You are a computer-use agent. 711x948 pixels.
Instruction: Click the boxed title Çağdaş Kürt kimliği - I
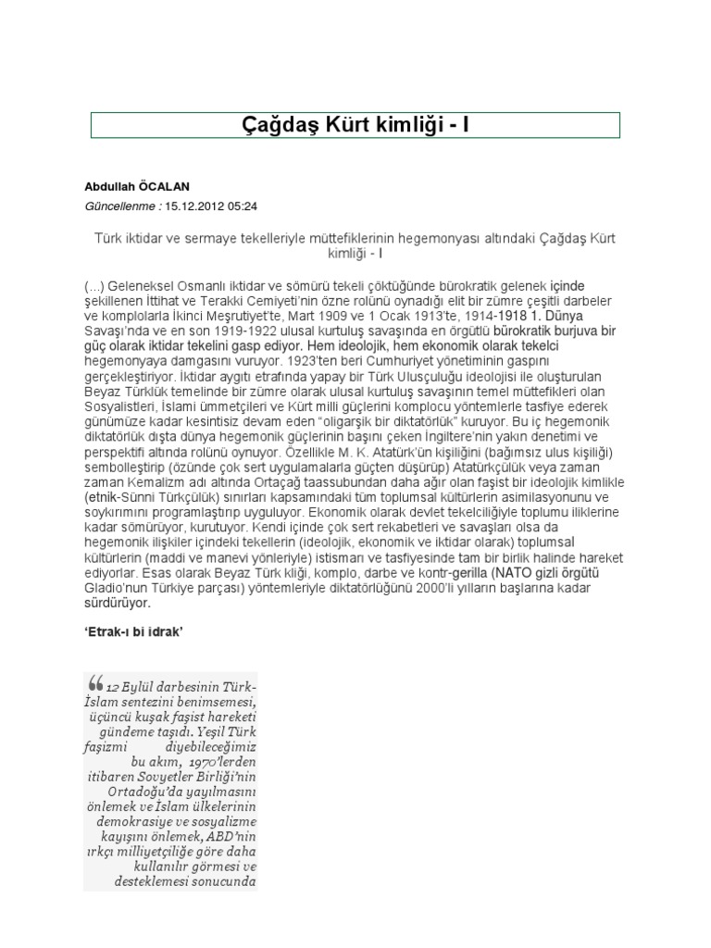point(355,124)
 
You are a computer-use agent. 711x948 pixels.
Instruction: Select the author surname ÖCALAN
point(165,187)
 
